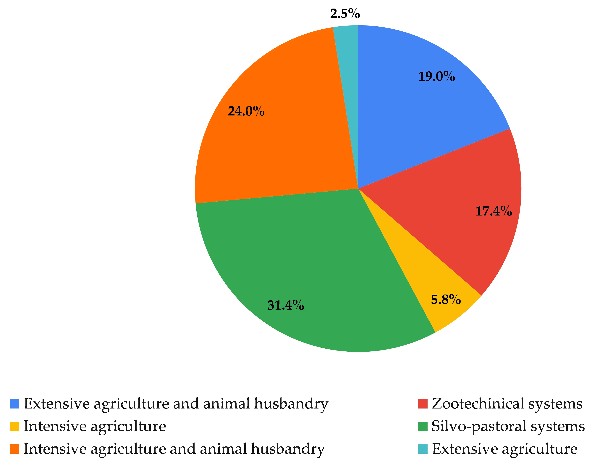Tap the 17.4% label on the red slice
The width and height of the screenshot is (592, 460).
pyautogui.click(x=494, y=211)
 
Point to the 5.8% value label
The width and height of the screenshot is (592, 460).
pyautogui.click(x=446, y=299)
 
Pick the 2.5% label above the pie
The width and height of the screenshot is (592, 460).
pyautogui.click(x=345, y=14)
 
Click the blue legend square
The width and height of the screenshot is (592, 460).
pyautogui.click(x=15, y=404)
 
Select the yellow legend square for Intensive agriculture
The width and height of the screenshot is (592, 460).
pyautogui.click(x=15, y=426)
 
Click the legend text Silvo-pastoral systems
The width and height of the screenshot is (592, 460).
pyautogui.click(x=508, y=426)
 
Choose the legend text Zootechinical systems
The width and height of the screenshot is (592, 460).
pyautogui.click(x=507, y=404)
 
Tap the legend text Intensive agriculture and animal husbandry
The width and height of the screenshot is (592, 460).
pyautogui.click(x=174, y=449)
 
